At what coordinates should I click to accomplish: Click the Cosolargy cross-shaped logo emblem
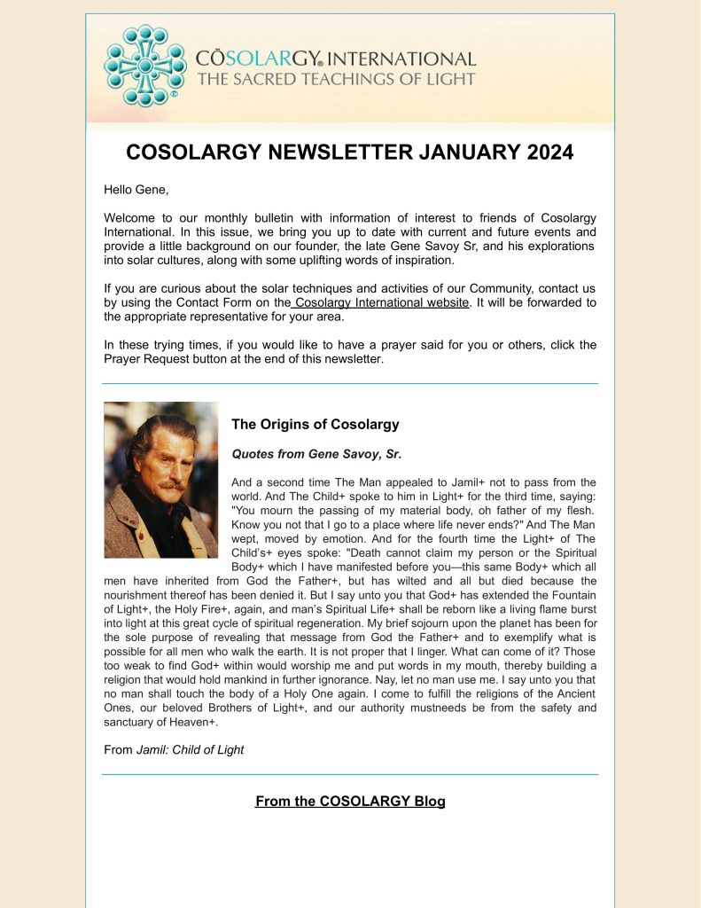click(x=145, y=67)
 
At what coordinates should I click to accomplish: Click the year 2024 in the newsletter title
click(x=541, y=153)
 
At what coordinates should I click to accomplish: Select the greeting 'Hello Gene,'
click(x=136, y=190)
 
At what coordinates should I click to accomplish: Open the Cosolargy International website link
click(x=382, y=302)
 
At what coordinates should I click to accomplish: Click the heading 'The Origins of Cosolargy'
click(x=315, y=424)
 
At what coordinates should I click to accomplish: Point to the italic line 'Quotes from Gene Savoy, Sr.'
click(x=316, y=454)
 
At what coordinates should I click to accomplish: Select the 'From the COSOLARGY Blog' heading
click(x=350, y=802)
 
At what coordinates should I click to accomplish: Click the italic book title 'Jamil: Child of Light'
click(x=190, y=750)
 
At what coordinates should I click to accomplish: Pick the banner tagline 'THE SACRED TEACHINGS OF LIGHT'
click(x=336, y=80)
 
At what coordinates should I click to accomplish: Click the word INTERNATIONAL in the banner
click(x=413, y=59)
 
